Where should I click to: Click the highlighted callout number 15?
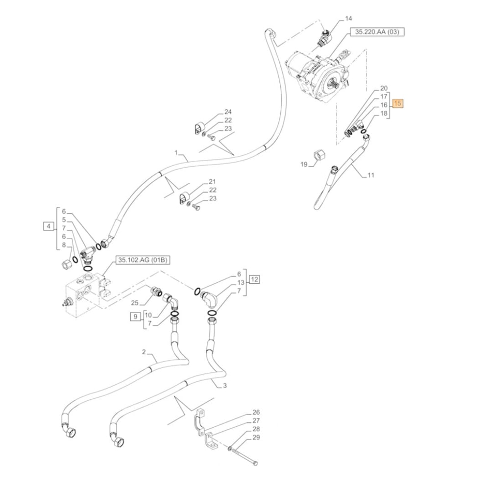pyautogui.click(x=398, y=104)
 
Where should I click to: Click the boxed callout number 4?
pyautogui.click(x=49, y=226)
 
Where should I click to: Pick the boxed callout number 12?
pyautogui.click(x=254, y=280)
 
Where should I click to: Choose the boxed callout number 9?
pyautogui.click(x=135, y=317)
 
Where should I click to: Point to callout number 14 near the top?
pyautogui.click(x=348, y=19)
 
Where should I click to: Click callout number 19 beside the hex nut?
pyautogui.click(x=304, y=164)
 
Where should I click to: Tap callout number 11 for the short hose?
pyautogui.click(x=370, y=174)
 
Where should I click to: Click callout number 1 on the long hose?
pyautogui.click(x=175, y=153)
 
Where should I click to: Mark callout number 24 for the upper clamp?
pyautogui.click(x=228, y=112)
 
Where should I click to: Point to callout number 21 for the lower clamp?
pyautogui.click(x=212, y=181)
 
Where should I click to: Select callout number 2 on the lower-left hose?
pyautogui.click(x=144, y=352)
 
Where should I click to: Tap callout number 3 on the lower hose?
pyautogui.click(x=224, y=386)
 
